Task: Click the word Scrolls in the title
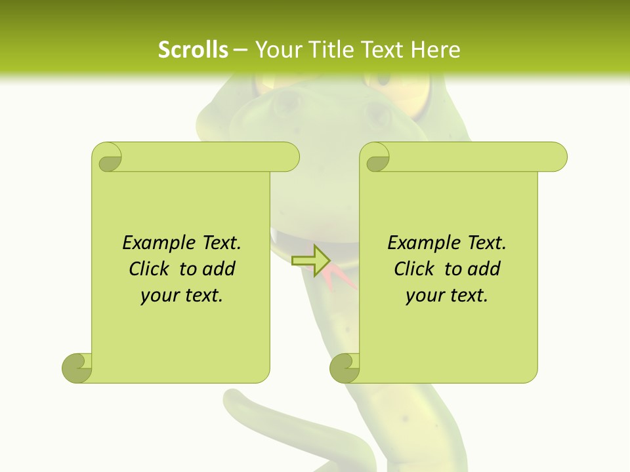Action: point(193,50)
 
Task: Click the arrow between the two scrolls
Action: point(311,260)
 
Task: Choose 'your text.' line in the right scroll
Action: point(447,296)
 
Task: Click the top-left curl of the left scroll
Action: point(107,157)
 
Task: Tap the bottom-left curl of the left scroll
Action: point(77,368)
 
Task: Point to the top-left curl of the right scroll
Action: point(375,157)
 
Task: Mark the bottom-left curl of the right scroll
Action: point(345,368)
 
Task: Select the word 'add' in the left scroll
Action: point(219,269)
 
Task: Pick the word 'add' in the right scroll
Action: point(484,269)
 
